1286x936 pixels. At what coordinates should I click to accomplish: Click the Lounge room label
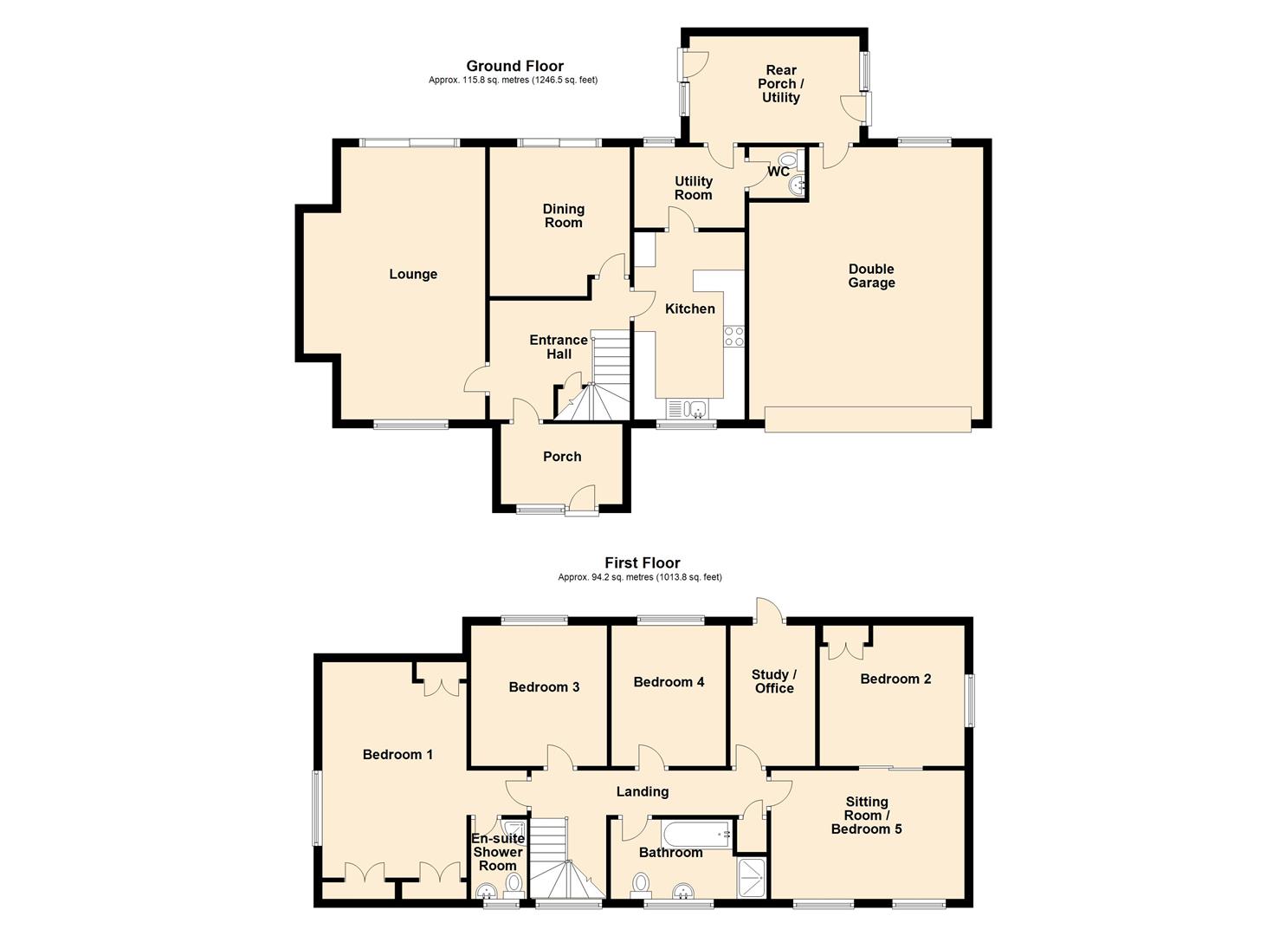click(413, 274)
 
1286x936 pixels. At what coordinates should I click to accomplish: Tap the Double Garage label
click(871, 276)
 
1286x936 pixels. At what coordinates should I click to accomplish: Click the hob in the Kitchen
click(733, 336)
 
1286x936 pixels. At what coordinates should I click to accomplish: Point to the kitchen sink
click(688, 409)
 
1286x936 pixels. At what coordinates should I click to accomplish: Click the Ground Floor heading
click(514, 66)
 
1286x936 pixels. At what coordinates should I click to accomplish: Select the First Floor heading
click(642, 562)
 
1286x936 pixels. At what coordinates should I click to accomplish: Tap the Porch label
click(562, 456)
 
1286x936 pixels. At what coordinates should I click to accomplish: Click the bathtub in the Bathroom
click(696, 835)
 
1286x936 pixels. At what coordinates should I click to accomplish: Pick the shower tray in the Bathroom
click(752, 877)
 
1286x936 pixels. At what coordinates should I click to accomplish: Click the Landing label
click(643, 792)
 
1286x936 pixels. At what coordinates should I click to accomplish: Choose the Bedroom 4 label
click(669, 682)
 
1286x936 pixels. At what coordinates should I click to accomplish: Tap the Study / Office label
click(774, 681)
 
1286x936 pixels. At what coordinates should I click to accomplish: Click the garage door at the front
click(868, 419)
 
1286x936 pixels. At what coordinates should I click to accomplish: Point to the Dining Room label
click(563, 216)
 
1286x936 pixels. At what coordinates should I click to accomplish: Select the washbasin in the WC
click(797, 185)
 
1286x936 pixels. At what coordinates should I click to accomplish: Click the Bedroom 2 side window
click(969, 700)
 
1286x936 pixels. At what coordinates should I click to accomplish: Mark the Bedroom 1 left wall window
click(316, 808)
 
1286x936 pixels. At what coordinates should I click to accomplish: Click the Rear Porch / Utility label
click(781, 84)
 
